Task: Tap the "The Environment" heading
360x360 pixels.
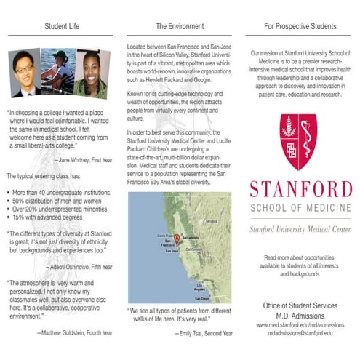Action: click(x=180, y=27)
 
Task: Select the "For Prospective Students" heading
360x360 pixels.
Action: click(x=300, y=27)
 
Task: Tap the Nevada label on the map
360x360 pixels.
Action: click(x=212, y=220)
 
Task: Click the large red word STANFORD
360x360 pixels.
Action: click(x=300, y=191)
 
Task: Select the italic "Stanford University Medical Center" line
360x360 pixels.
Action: click(x=300, y=229)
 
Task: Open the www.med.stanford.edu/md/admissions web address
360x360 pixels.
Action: click(x=300, y=324)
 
